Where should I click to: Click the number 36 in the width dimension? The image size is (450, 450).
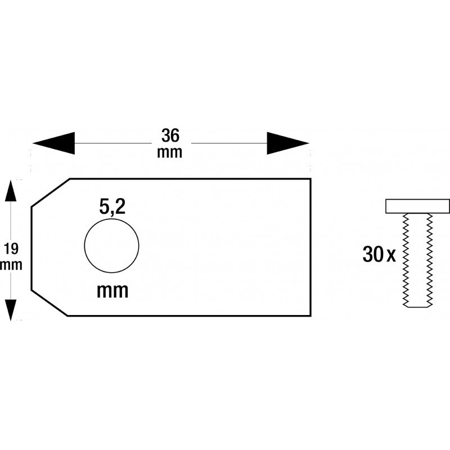pyautogui.click(x=170, y=136)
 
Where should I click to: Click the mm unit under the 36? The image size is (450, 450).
pyautogui.click(x=170, y=152)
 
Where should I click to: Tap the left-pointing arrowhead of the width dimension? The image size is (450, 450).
pyautogui.click(x=53, y=143)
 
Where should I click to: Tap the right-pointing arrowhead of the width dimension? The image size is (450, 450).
pyautogui.click(x=288, y=143)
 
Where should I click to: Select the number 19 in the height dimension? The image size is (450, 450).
pyautogui.click(x=11, y=249)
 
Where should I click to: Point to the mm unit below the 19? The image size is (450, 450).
pyautogui.click(x=11, y=265)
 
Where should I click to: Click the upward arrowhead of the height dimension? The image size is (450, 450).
pyautogui.click(x=11, y=191)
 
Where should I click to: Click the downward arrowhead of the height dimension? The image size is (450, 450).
pyautogui.click(x=11, y=310)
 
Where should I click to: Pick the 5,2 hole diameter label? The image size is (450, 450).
pyautogui.click(x=112, y=207)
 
